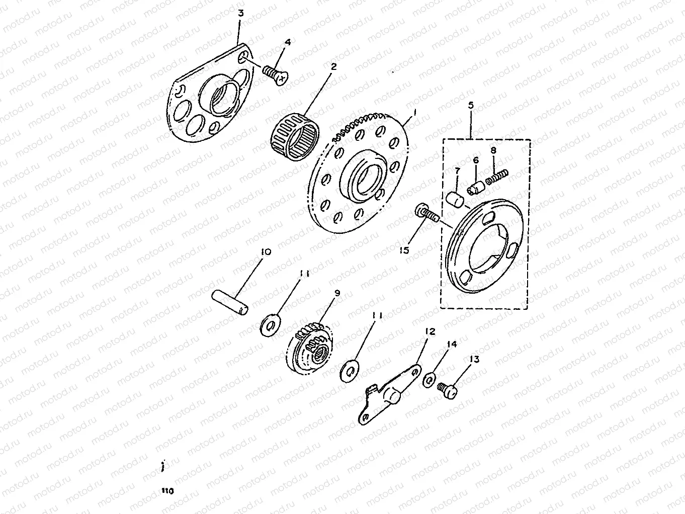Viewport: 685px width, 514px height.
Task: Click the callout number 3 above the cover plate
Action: [x=240, y=13]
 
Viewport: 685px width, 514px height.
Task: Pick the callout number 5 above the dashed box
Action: [x=471, y=105]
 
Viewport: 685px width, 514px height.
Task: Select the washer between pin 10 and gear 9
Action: [x=270, y=325]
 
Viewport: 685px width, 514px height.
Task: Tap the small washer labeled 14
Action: [x=429, y=379]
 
